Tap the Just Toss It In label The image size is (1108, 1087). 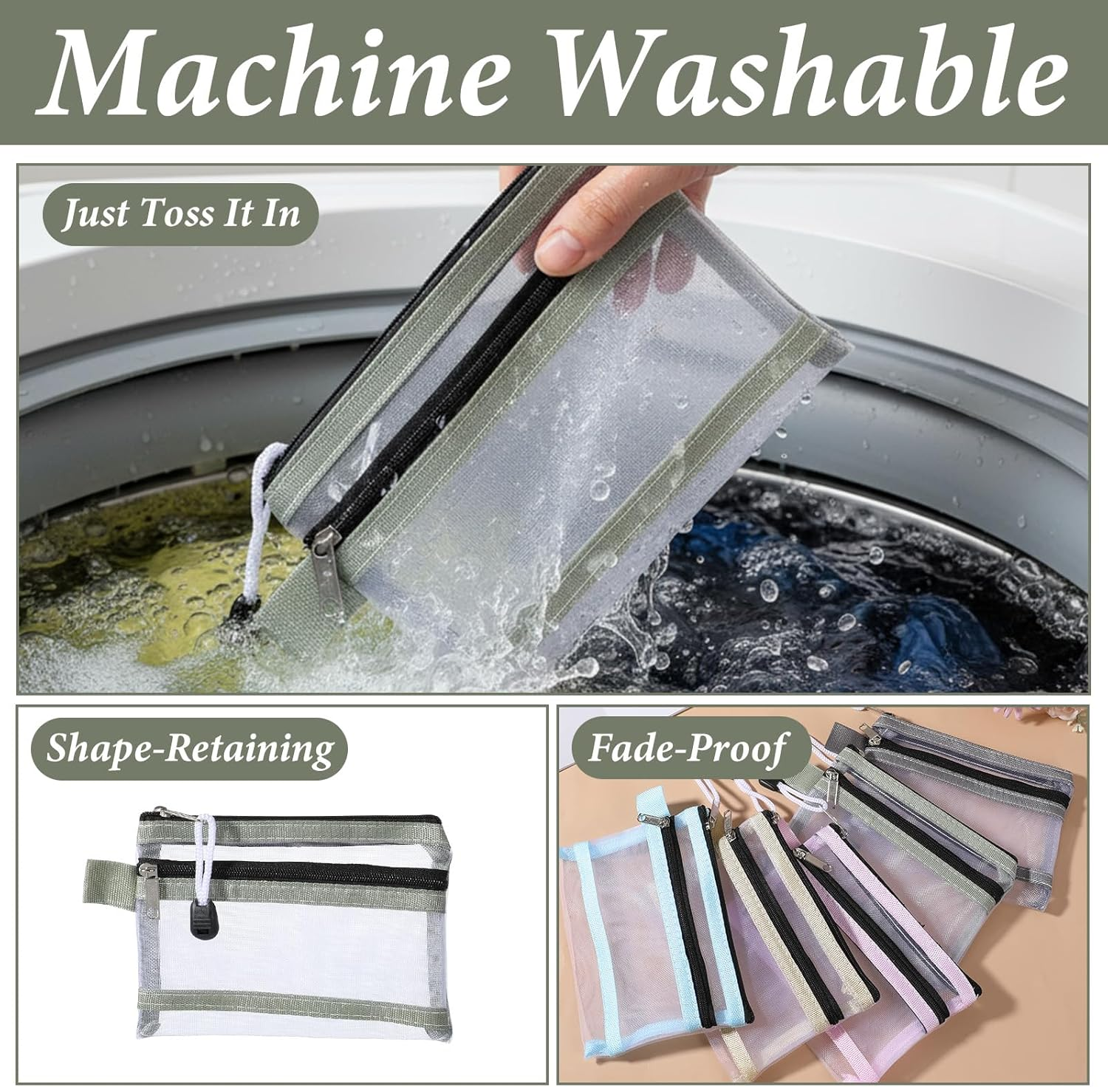pos(181,214)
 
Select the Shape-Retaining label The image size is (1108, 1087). pos(190,749)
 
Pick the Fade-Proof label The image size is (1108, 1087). pos(687,748)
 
